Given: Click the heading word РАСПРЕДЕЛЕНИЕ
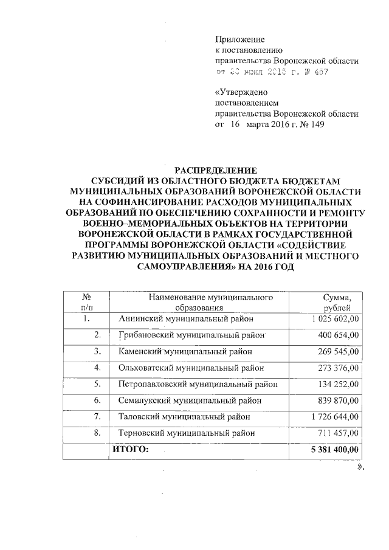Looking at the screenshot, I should [x=216, y=170].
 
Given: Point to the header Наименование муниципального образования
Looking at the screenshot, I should [x=204, y=303].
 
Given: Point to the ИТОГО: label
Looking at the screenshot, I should [x=129, y=449].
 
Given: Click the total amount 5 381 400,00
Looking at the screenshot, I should [x=335, y=449].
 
